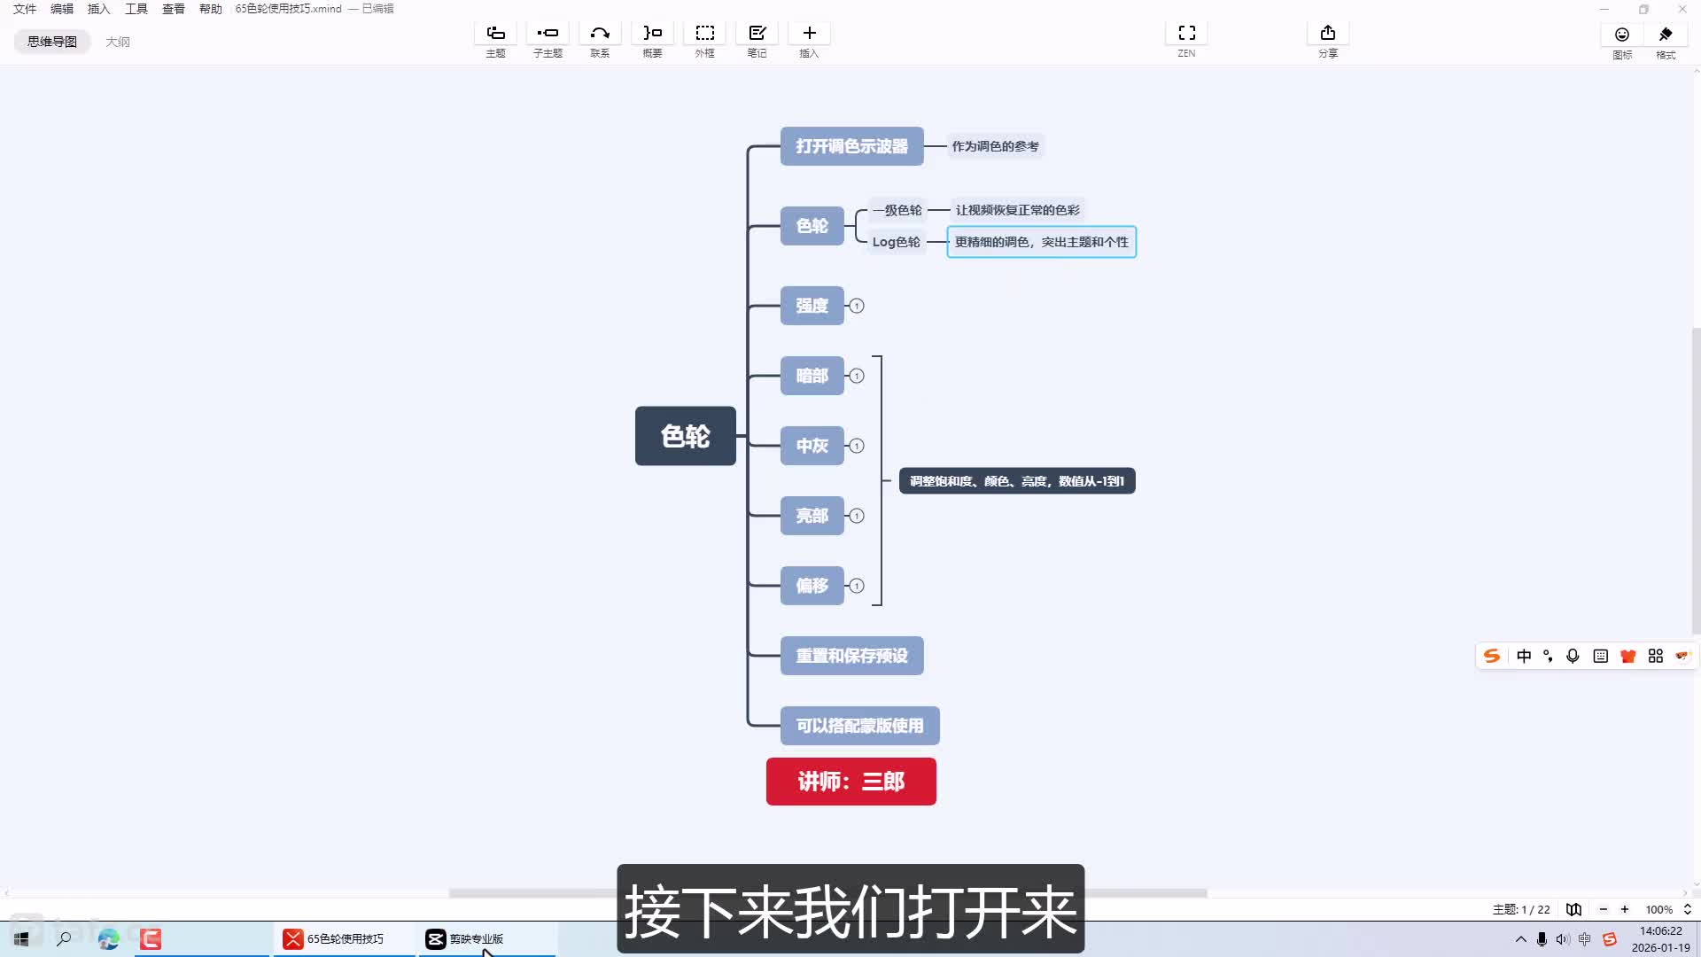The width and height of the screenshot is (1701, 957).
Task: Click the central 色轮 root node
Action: coord(685,436)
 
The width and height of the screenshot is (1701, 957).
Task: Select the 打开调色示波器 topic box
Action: coord(851,146)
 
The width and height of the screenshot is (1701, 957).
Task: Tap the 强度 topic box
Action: coord(812,306)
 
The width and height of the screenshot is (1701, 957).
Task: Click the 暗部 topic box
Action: coord(812,376)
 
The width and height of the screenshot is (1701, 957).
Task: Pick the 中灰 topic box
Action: coord(812,446)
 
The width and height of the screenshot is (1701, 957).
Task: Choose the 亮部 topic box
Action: coord(812,516)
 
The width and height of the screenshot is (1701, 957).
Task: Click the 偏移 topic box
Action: coord(812,586)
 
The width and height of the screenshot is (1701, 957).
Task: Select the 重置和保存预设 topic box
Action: coord(851,656)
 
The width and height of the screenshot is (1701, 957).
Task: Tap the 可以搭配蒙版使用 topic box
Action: coord(859,726)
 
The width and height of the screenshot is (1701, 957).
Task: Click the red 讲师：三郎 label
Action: coord(850,782)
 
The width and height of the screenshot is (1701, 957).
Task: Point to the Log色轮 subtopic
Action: coord(896,242)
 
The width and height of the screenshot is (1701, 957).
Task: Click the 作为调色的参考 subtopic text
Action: coord(995,146)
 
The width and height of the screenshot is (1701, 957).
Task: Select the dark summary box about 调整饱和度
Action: coord(1016,481)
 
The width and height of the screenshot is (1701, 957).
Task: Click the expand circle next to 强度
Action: coord(857,306)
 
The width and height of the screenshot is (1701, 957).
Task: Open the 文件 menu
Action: coord(25,9)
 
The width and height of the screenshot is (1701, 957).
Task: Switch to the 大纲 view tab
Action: coord(118,42)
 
